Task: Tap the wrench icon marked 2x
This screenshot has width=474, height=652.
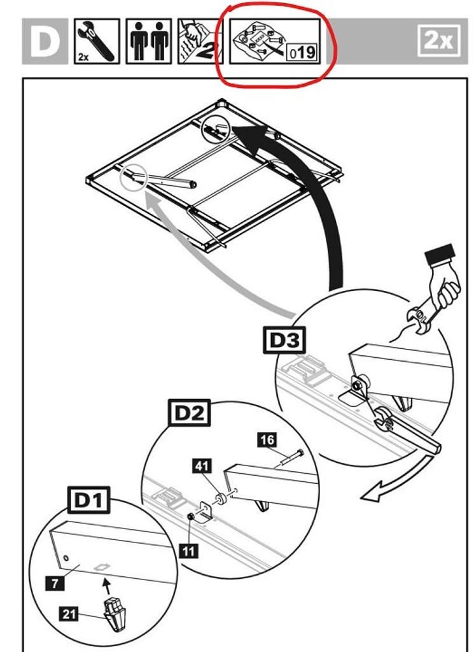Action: tap(97, 41)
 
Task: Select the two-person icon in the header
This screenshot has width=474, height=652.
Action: tap(148, 41)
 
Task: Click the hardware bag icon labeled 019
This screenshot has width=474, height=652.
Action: tap(274, 41)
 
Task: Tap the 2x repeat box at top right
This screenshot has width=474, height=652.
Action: tap(438, 41)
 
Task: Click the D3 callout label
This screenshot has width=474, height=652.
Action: tap(284, 340)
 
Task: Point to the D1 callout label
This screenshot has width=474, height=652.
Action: tap(88, 501)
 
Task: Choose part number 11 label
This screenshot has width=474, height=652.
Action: tap(188, 550)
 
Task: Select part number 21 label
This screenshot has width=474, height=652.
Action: tap(69, 614)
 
